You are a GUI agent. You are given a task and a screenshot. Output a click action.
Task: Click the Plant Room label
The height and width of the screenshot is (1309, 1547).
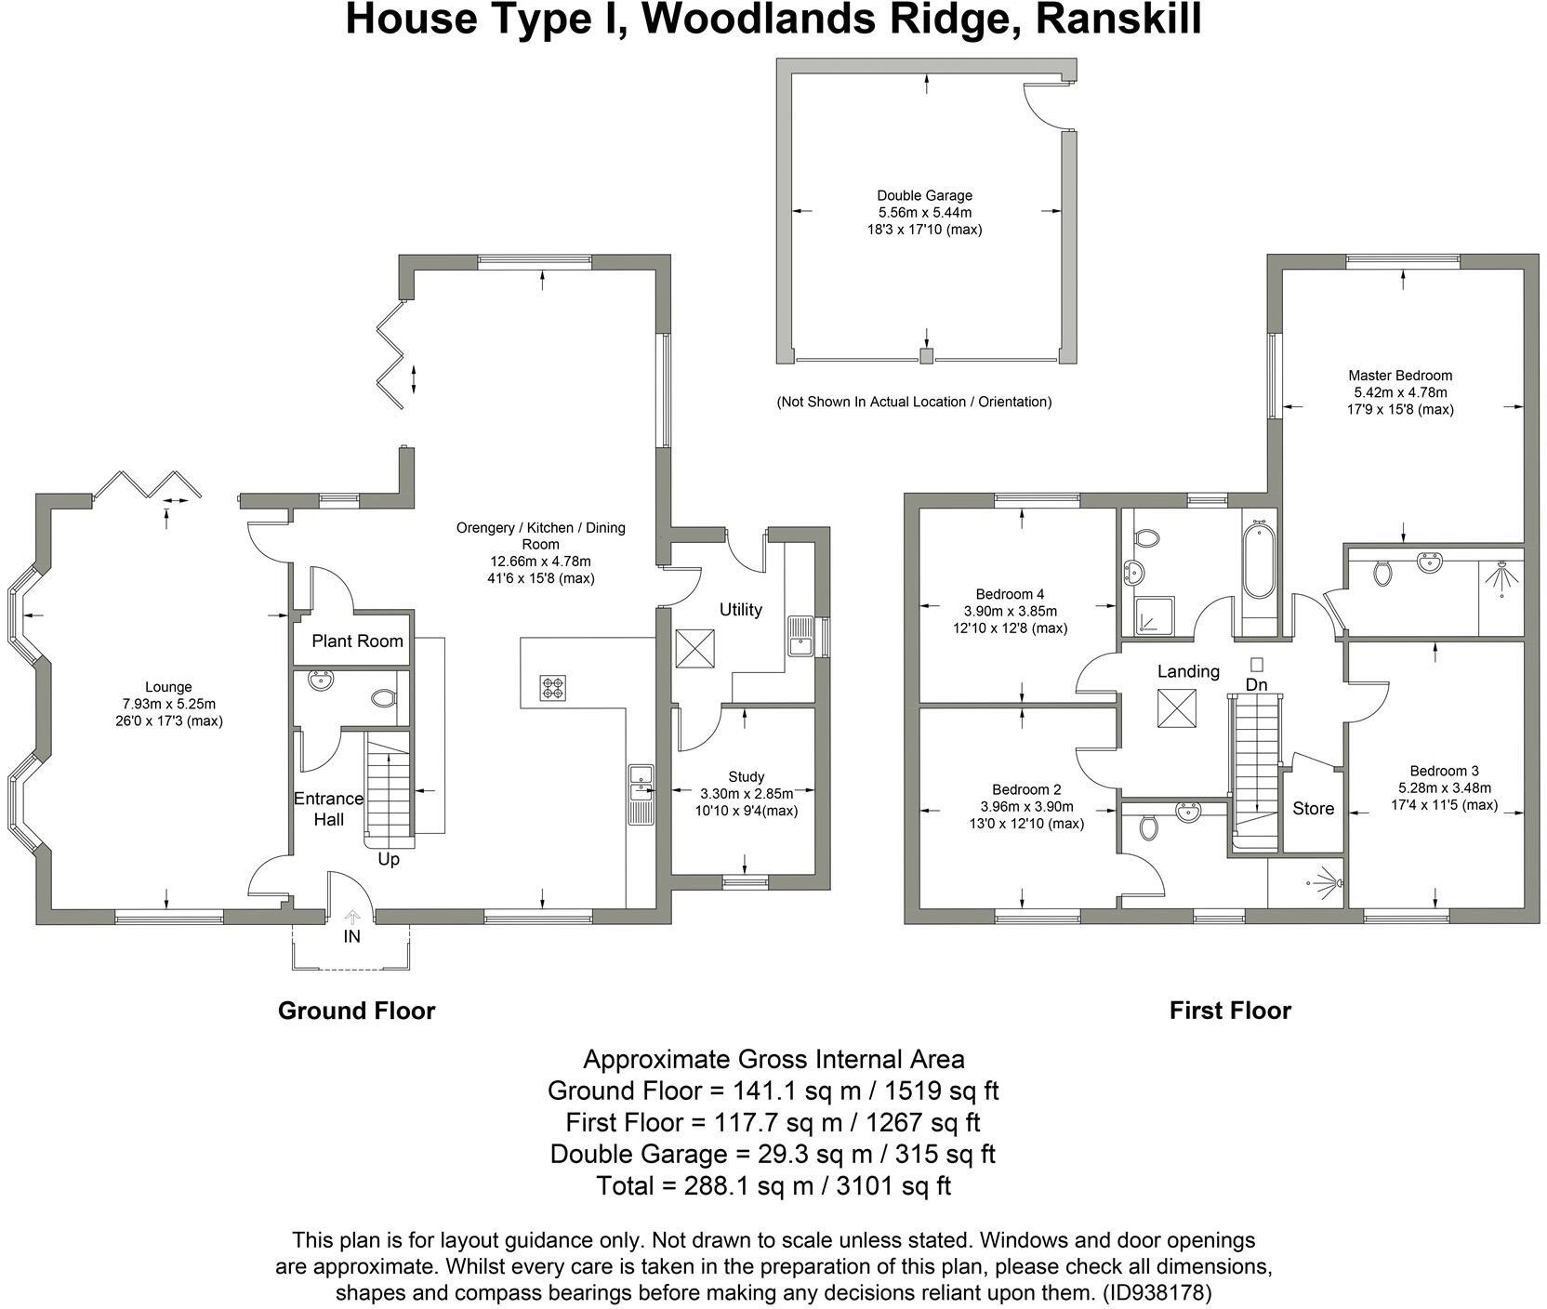[x=357, y=641]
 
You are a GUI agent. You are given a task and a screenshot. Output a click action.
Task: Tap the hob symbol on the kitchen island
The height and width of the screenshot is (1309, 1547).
[x=552, y=688]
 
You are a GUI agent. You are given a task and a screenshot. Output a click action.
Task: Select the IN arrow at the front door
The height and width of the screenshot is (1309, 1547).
[x=351, y=918]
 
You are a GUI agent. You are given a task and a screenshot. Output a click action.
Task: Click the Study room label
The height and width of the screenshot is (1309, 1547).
[x=746, y=776]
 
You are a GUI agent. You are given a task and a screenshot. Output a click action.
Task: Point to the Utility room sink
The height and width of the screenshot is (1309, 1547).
[x=800, y=636]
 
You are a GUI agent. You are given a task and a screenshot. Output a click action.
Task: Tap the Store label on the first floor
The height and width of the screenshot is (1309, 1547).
[x=1313, y=809]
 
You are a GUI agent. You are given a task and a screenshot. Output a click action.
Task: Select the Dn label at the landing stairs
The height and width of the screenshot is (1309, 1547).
[x=1257, y=684]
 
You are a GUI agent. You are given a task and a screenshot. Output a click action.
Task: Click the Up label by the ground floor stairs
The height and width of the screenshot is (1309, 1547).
[x=389, y=859]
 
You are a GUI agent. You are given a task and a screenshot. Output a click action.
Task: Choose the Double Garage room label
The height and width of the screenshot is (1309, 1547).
[x=924, y=195]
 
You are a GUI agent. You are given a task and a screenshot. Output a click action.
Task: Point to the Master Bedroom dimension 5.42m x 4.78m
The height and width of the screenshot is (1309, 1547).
[x=1400, y=392]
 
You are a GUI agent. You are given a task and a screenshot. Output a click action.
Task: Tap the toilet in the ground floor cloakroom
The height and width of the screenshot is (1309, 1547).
[x=383, y=697]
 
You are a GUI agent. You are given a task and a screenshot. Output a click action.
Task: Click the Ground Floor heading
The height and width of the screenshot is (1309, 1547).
[x=356, y=1011]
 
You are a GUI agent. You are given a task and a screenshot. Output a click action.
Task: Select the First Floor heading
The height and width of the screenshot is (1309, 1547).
[x=1229, y=1011]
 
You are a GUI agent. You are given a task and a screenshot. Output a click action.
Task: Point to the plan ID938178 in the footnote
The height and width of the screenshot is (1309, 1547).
[x=1157, y=1292]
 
